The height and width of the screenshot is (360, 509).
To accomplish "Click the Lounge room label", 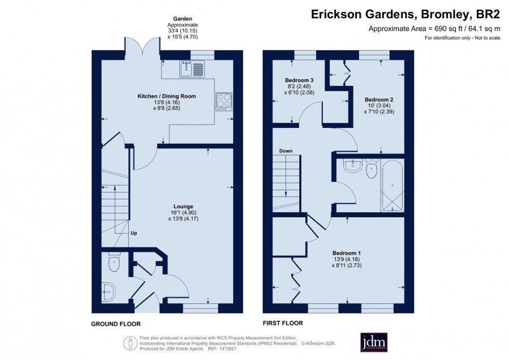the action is (x=183, y=206).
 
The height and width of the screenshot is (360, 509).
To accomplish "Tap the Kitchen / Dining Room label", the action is (x=166, y=96).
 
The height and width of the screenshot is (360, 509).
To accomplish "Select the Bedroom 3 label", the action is (x=299, y=80).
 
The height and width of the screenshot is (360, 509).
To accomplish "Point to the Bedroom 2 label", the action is (x=379, y=100).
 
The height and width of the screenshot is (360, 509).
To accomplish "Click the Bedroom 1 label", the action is (x=346, y=253).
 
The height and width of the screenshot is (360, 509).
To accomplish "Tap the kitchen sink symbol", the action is (x=192, y=68).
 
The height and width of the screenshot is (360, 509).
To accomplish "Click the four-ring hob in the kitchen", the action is (x=224, y=102).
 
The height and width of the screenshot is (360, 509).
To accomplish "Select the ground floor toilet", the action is (x=114, y=262).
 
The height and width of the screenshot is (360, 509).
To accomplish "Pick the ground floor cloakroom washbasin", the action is (x=108, y=292).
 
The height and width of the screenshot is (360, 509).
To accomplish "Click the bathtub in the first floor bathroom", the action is (x=392, y=186).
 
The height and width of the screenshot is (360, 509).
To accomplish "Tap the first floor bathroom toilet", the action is (x=372, y=168).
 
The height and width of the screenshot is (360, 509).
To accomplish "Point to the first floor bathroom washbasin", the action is (x=352, y=166).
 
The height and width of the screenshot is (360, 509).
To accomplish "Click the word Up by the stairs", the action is (x=133, y=233).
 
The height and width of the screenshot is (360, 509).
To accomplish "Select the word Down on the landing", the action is (x=286, y=151).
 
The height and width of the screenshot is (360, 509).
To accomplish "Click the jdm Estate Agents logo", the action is (x=374, y=342).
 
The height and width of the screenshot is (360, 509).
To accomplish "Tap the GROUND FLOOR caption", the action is (x=115, y=324).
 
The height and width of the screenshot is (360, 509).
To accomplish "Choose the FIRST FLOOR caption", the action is (x=283, y=323).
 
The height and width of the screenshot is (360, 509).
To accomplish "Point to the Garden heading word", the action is (x=183, y=19).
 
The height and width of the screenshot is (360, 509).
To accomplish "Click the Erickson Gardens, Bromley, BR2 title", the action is (x=406, y=14).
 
